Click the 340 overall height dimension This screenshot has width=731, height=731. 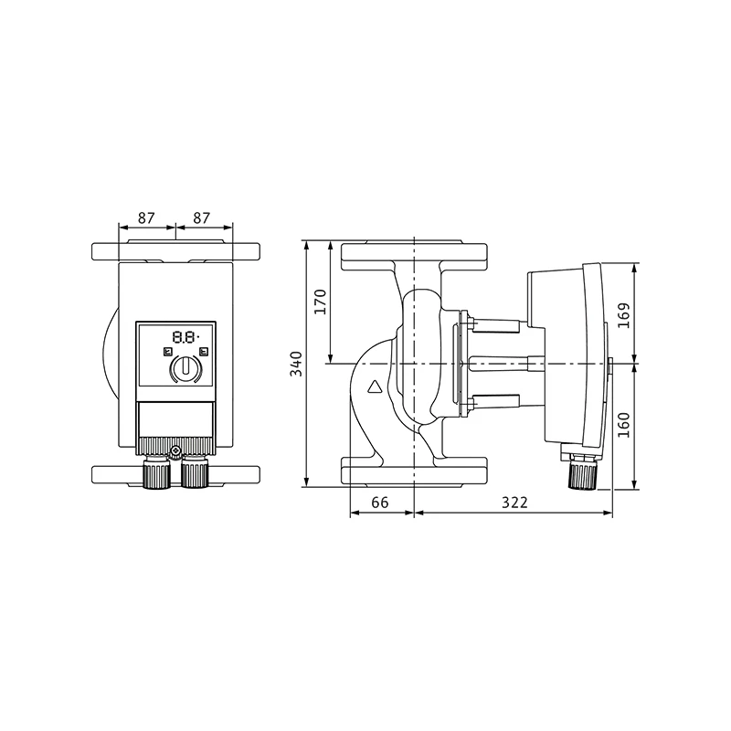(296, 364)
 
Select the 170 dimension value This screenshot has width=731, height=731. (320, 302)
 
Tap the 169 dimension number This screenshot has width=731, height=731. (624, 315)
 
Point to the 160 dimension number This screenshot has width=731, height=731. (624, 425)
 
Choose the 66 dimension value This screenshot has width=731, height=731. (380, 502)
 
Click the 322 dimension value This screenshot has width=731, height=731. (514, 502)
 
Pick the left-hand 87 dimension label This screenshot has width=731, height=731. (146, 217)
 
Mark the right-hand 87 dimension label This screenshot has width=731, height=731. (201, 217)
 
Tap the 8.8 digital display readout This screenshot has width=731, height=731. (185, 336)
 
